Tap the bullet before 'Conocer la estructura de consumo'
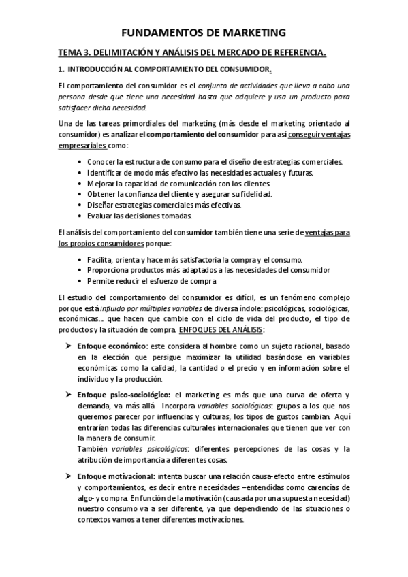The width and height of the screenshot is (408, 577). click(x=81, y=161)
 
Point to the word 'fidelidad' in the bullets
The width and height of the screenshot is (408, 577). click(x=255, y=194)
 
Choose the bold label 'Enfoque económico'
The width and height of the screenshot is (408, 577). click(x=110, y=346)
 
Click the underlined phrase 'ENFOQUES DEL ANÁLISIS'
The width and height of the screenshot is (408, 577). click(x=221, y=329)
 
